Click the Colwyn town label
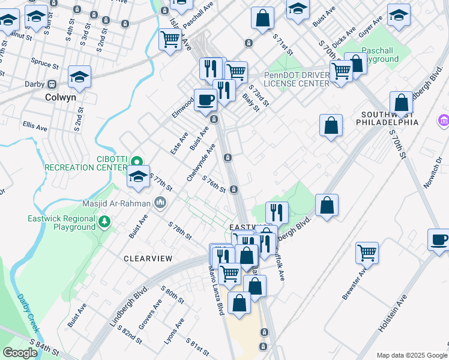tap(64, 96)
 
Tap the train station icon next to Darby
tap(52, 84)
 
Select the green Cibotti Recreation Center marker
tap(137, 161)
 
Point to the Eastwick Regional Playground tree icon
tap(105, 223)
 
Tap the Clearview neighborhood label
tap(148, 259)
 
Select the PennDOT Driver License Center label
tap(297, 79)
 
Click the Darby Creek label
tap(28, 312)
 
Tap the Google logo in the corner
tap(20, 353)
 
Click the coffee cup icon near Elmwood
tap(205, 100)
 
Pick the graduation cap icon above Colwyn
tap(79, 76)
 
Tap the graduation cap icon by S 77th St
tap(138, 177)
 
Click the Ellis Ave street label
tap(35, 127)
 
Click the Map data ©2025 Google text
tap(412, 355)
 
